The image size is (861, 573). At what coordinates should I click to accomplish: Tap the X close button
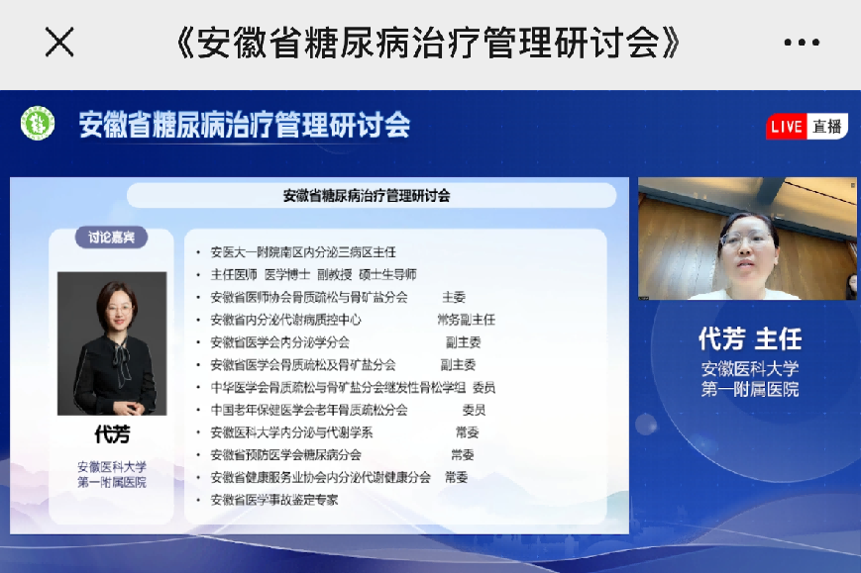(x=59, y=43)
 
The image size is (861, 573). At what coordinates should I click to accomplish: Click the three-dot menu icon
(x=802, y=43)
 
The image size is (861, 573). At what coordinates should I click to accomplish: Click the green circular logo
(x=38, y=123)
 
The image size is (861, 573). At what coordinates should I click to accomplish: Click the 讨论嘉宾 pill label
(x=112, y=237)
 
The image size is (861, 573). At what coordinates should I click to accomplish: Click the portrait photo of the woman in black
(x=112, y=343)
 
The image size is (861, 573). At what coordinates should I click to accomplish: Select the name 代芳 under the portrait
(x=112, y=434)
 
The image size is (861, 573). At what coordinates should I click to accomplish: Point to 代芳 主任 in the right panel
(x=749, y=338)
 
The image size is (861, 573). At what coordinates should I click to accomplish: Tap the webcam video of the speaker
(x=747, y=239)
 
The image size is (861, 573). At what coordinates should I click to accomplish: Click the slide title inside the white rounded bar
(x=367, y=196)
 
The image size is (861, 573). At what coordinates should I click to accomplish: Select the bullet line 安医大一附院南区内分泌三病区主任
(x=303, y=252)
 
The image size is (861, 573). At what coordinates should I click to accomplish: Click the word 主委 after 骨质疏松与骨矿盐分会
(x=454, y=297)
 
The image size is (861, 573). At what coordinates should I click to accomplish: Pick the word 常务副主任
(x=467, y=320)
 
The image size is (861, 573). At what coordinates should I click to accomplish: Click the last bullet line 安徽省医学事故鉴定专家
(x=274, y=500)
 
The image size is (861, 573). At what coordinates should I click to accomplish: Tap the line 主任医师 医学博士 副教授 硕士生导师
(x=313, y=275)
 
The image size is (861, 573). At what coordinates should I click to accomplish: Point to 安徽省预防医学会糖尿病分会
(x=285, y=454)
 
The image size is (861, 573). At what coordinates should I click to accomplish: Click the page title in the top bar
(x=428, y=43)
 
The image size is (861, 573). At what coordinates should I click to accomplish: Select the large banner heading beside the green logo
(x=245, y=125)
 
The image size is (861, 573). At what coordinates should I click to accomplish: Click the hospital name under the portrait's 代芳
(x=112, y=474)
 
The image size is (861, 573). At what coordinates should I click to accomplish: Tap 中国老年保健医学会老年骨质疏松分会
(x=309, y=410)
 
